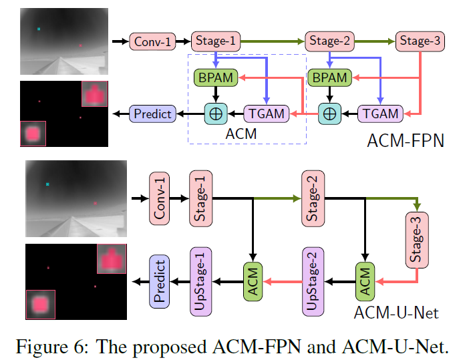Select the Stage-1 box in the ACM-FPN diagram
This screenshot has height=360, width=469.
click(x=215, y=41)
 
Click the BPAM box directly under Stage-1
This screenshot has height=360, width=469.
click(x=215, y=77)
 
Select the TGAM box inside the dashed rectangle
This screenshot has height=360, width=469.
click(x=267, y=114)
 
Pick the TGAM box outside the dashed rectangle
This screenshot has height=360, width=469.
click(x=381, y=114)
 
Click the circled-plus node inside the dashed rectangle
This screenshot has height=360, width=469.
click(x=215, y=114)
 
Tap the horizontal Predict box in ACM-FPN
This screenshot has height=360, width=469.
click(x=152, y=114)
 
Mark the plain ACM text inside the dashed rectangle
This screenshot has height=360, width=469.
click(x=241, y=134)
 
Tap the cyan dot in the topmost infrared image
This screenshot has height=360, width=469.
click(x=39, y=29)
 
